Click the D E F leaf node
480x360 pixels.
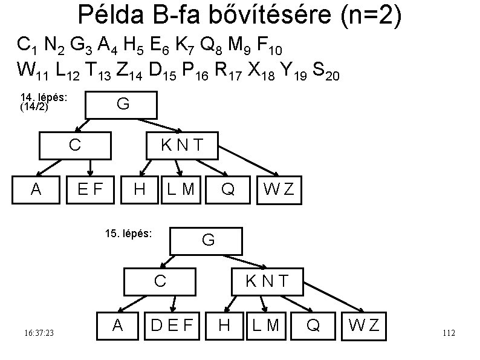coord(171,326)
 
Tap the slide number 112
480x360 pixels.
coord(449,333)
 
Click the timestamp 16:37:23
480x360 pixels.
coord(39,333)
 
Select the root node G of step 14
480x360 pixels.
coord(122,104)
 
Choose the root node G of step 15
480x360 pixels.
coord(207,240)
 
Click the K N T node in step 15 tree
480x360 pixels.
coord(266,281)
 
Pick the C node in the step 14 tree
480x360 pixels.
coord(75,145)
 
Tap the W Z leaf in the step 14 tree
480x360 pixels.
coord(279,189)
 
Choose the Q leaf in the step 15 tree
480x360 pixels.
coord(313,326)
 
